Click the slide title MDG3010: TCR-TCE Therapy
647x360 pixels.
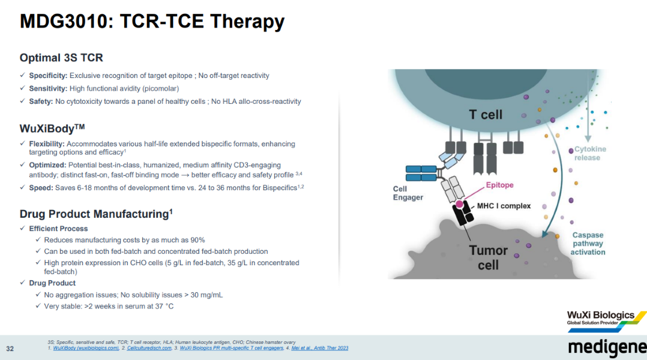(x=152, y=22)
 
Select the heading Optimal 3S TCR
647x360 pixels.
(x=61, y=58)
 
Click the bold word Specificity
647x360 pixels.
(x=48, y=76)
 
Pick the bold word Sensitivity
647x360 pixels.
(x=48, y=88)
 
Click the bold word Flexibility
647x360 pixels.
(x=47, y=144)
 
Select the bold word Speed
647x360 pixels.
(x=41, y=188)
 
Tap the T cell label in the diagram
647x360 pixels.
(x=485, y=114)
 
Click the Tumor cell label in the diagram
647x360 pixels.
(x=488, y=257)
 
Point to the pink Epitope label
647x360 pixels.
(x=499, y=185)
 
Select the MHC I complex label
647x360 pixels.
(x=504, y=206)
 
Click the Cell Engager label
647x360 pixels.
(x=408, y=193)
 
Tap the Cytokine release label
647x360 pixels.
(x=590, y=154)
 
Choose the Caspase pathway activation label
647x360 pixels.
(x=588, y=244)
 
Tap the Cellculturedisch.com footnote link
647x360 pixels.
(x=151, y=348)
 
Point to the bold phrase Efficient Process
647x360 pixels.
(x=58, y=229)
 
